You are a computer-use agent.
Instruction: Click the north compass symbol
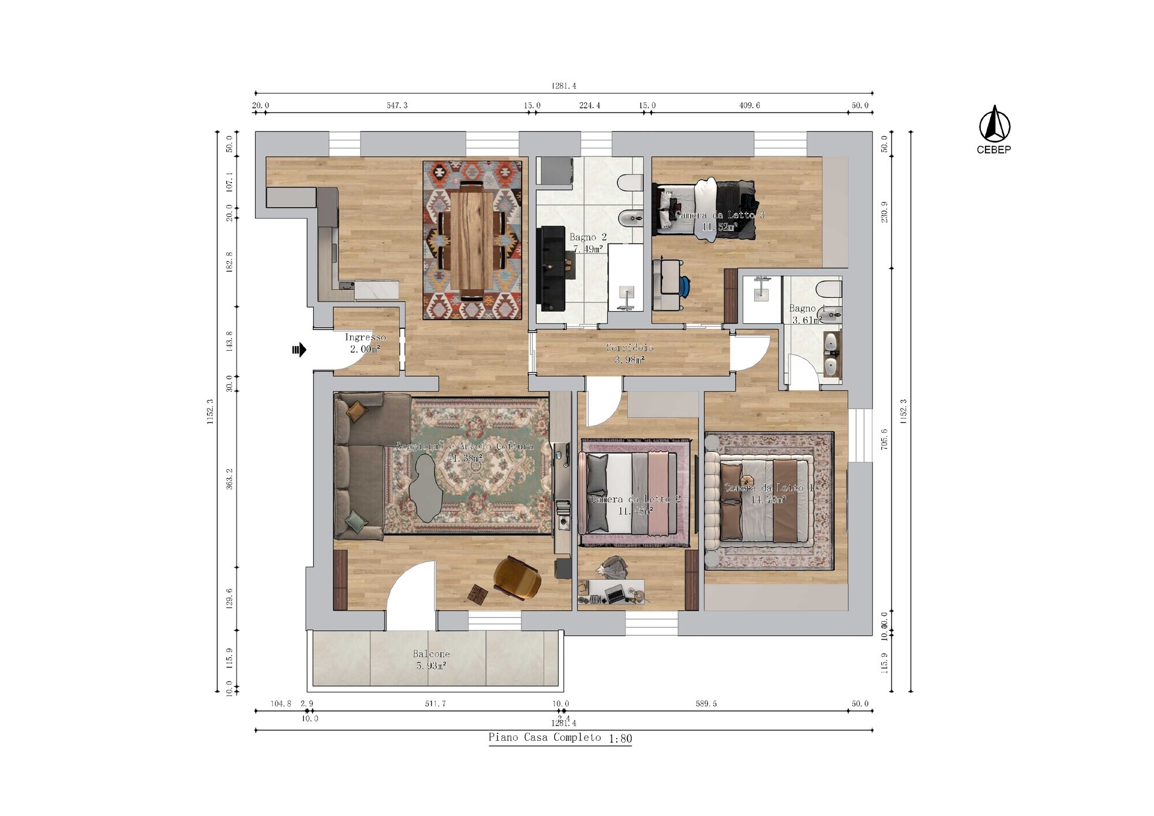(x=994, y=124)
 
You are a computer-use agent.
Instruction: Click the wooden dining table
(x=472, y=240)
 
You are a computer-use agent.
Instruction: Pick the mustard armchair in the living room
(x=517, y=578)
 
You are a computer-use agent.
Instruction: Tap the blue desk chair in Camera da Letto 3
(x=684, y=286)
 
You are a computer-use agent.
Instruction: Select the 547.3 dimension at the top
(x=397, y=106)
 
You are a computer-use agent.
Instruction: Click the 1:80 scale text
(x=620, y=739)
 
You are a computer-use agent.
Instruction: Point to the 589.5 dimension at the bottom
(x=706, y=703)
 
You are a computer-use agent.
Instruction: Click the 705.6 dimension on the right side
(x=884, y=439)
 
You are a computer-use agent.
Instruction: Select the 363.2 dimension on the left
(x=230, y=479)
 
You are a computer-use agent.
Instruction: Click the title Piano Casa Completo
(x=545, y=738)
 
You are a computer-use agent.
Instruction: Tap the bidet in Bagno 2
(x=630, y=218)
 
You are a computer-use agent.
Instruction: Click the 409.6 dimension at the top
(x=750, y=106)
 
